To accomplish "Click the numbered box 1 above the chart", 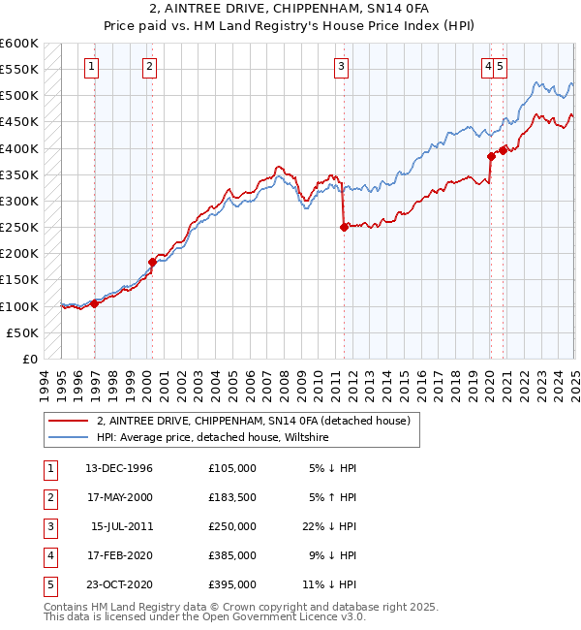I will coord(90,67).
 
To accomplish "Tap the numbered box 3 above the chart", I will coord(342,67).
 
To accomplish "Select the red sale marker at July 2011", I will coord(344,228).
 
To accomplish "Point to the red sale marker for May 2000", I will coord(152,262).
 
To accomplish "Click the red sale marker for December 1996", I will coord(95,303).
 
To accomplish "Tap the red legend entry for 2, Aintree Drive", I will coord(254,421).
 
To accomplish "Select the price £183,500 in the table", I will coord(232,497).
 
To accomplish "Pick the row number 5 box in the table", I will coord(48,584).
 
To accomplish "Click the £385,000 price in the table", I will coord(232,555).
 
